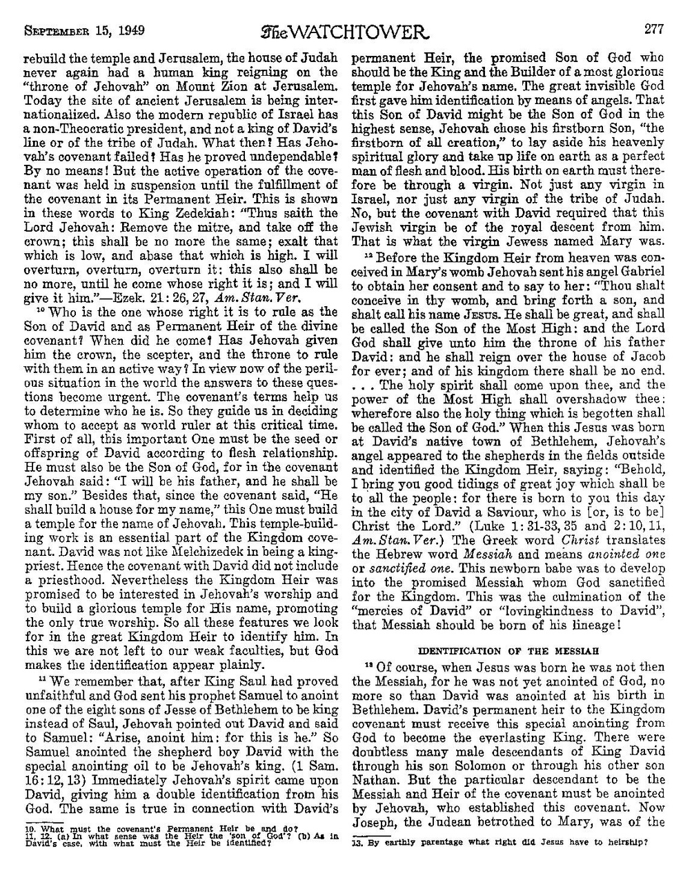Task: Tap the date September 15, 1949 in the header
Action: click(x=81, y=11)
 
